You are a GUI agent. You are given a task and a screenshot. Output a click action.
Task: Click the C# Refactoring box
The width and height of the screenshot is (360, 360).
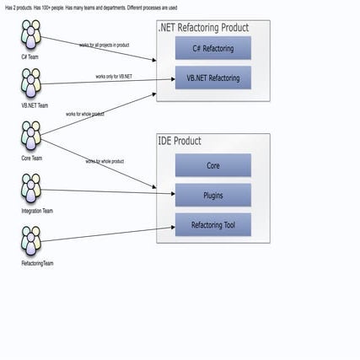tap(212, 48)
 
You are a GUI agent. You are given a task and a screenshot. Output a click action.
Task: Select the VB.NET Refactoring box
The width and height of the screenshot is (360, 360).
tap(212, 78)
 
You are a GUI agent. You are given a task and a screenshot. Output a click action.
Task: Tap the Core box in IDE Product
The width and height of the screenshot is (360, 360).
tap(212, 165)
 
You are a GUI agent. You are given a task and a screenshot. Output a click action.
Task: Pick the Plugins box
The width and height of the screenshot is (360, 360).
tap(212, 195)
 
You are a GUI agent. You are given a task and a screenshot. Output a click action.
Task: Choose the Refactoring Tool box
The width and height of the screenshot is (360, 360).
tap(212, 225)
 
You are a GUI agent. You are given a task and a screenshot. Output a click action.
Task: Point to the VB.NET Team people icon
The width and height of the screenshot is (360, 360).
tap(31, 83)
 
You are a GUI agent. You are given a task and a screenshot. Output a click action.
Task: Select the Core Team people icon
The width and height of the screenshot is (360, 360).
tap(31, 135)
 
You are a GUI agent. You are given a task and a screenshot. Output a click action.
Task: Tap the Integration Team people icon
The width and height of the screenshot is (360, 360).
tap(31, 188)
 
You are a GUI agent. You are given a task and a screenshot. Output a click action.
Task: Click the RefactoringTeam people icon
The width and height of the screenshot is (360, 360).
tap(31, 241)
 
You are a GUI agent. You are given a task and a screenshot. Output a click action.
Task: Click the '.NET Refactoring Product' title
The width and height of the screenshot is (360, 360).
tap(203, 28)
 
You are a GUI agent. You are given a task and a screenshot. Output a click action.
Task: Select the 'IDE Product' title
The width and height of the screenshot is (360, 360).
tap(180, 141)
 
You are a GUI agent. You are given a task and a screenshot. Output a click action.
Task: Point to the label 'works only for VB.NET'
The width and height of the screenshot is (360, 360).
tap(114, 77)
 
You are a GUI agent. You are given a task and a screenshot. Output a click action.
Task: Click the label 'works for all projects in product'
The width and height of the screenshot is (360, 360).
tap(104, 45)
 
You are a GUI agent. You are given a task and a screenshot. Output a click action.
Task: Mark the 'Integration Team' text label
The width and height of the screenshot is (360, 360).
tap(37, 211)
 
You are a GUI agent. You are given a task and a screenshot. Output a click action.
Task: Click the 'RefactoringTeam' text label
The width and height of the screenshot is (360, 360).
tap(37, 264)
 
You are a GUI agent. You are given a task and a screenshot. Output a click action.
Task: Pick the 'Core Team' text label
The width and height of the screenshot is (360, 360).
tap(32, 158)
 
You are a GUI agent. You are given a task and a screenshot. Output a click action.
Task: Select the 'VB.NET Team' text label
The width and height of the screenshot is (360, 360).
tap(35, 106)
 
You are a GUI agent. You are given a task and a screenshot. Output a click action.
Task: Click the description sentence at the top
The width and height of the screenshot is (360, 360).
tap(91, 8)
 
